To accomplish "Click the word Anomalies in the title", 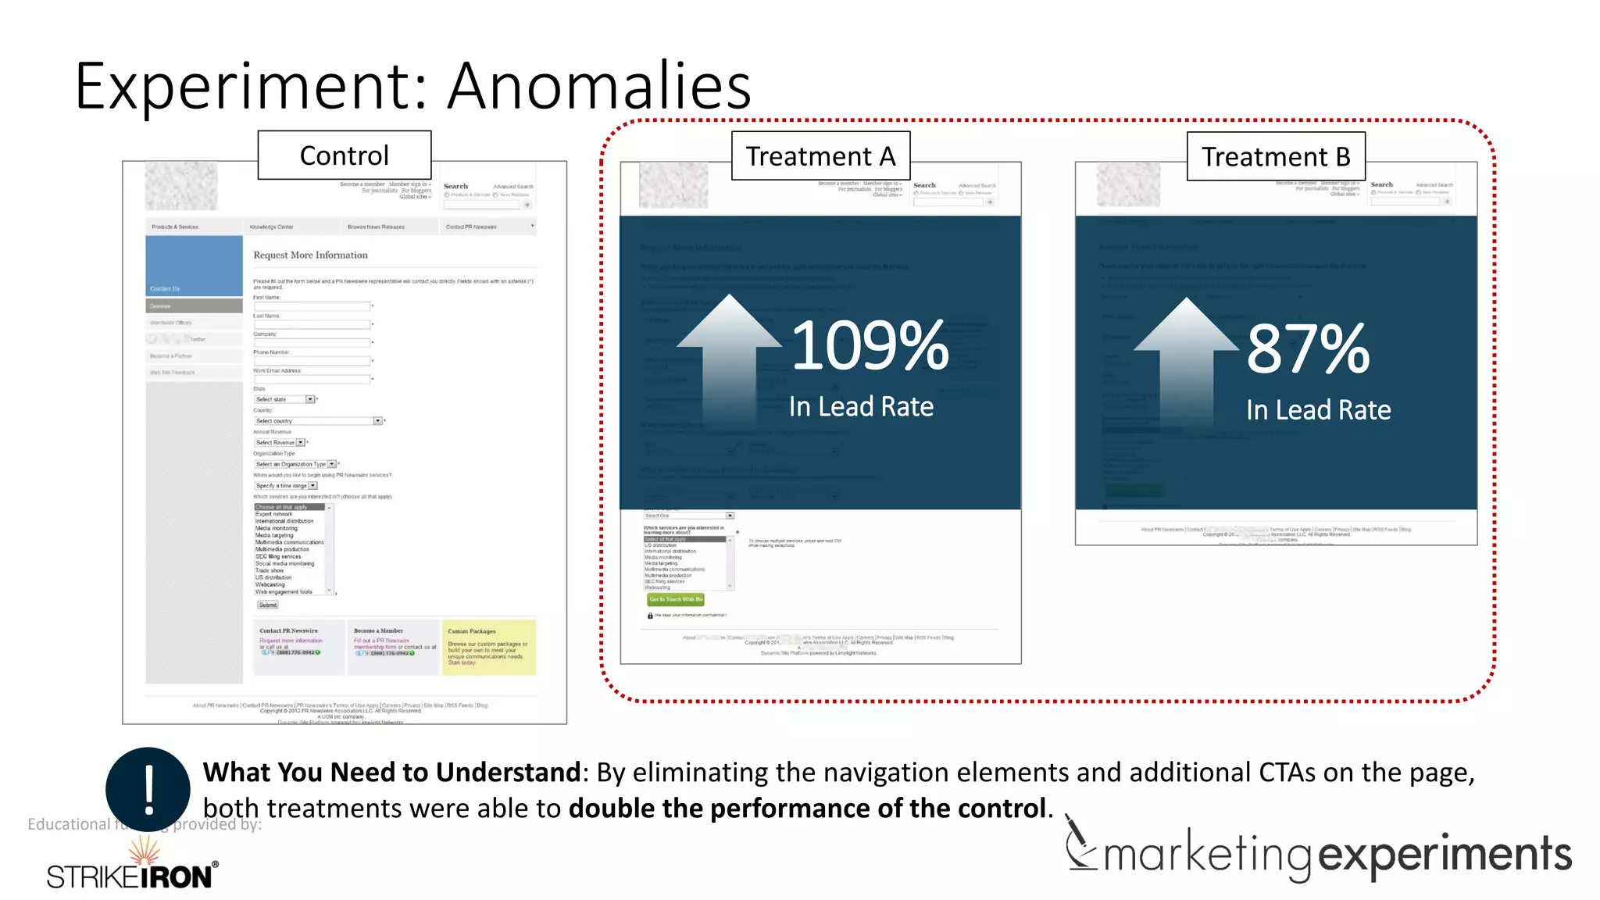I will [599, 85].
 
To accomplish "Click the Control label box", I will [345, 155].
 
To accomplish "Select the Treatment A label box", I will [820, 156].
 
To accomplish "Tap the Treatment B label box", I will [1276, 157].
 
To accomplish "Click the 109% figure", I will [870, 346].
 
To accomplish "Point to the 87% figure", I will [1308, 349].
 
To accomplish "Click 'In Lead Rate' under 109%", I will [861, 407].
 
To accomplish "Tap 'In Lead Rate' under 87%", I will [1318, 410].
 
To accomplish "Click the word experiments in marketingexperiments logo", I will [1444, 855].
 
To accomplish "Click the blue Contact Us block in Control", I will [194, 266].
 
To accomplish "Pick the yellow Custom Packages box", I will [488, 647].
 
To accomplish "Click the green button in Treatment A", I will [676, 599].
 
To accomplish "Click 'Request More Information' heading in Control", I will [310, 255].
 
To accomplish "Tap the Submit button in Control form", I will [268, 605].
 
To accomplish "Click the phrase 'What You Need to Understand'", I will [391, 772].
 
